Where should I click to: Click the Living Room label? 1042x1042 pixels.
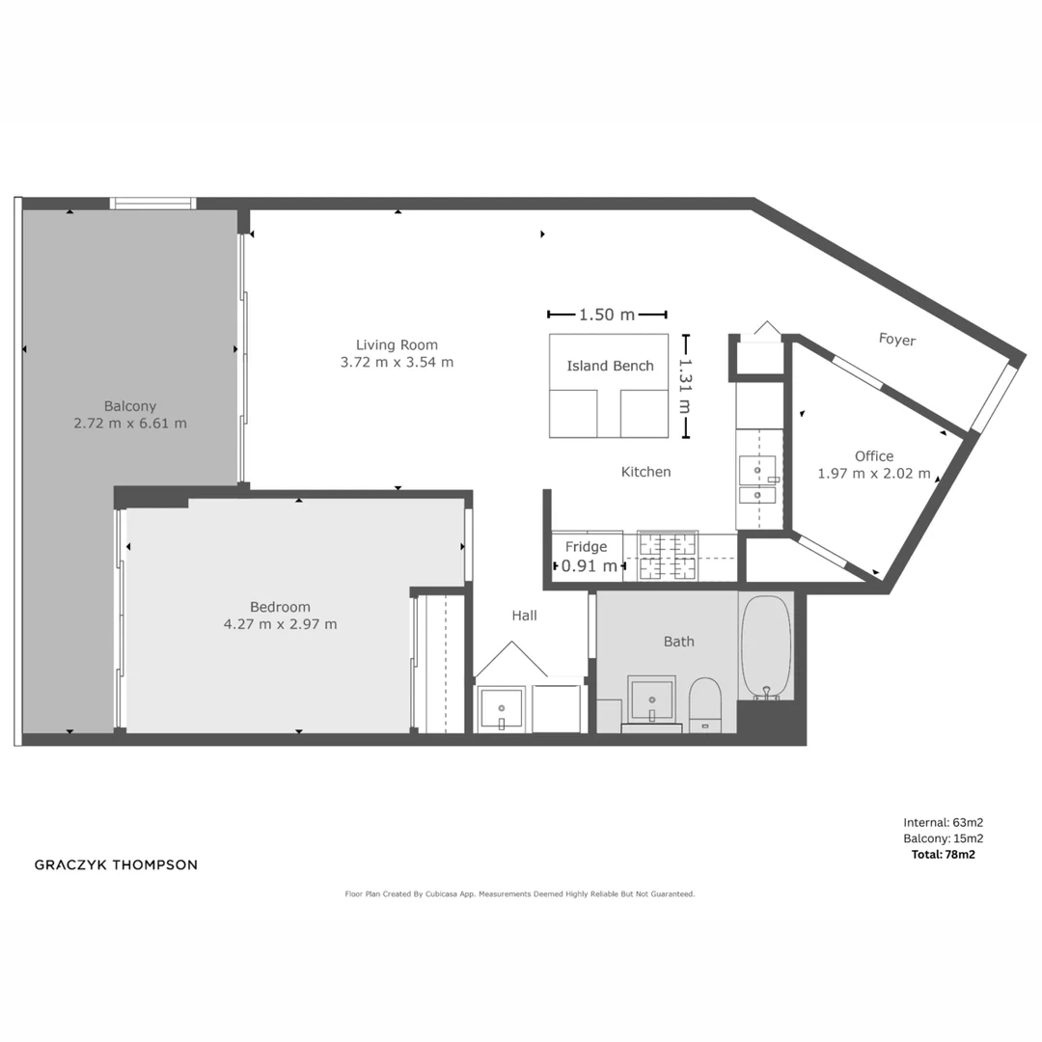[397, 344]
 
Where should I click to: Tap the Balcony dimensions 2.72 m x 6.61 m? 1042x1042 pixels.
[130, 423]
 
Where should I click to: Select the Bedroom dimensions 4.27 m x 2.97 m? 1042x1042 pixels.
[280, 624]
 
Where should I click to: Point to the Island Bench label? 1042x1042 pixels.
[610, 366]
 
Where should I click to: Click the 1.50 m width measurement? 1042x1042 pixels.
[607, 315]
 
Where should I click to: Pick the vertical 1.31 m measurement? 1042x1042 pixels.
[686, 386]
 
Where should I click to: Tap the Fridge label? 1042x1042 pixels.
[586, 547]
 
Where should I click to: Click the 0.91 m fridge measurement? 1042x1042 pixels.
[589, 566]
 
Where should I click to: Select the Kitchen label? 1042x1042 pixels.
[645, 472]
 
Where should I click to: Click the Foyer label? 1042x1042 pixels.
[896, 340]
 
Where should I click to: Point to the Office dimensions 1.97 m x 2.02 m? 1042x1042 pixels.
[873, 474]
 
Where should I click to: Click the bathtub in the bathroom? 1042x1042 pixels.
[766, 645]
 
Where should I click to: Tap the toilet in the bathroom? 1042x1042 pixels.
[705, 703]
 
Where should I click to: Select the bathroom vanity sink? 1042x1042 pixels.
[651, 698]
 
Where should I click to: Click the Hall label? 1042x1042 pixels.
[524, 616]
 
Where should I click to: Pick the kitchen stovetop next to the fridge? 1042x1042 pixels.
[668, 556]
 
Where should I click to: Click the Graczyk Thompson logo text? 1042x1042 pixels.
[116, 864]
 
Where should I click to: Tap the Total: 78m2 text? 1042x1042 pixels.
[943, 854]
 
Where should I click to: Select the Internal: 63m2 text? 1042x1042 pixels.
[943, 823]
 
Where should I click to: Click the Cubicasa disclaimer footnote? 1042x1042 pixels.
[520, 894]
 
